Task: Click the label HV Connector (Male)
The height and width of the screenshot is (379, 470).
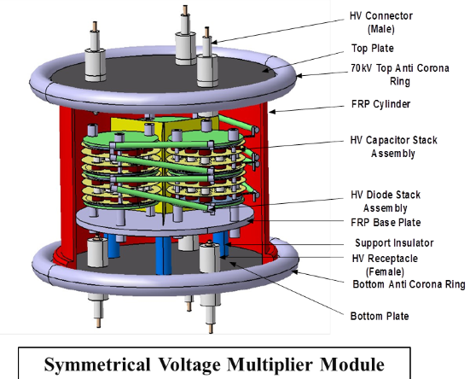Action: click(381, 22)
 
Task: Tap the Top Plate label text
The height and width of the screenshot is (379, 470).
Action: click(373, 49)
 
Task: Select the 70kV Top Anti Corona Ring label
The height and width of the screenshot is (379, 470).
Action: click(400, 74)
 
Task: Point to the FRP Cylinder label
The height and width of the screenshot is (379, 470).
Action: click(380, 104)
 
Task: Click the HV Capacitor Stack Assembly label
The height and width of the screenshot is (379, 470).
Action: click(393, 146)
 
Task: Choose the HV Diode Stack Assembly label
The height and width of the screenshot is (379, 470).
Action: click(386, 201)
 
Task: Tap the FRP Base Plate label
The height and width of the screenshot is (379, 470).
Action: click(386, 223)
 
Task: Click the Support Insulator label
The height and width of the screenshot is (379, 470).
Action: click(394, 242)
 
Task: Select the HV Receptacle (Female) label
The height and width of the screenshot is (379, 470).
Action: click(385, 265)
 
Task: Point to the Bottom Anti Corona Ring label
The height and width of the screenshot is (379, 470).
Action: click(409, 284)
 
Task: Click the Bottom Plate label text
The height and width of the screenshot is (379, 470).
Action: click(380, 316)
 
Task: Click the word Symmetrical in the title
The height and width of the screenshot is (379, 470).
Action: click(97, 364)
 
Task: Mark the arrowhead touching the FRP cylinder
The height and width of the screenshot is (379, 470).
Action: click(271, 112)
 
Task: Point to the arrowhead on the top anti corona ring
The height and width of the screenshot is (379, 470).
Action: click(299, 76)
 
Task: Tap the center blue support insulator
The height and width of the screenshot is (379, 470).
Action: click(164, 255)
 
